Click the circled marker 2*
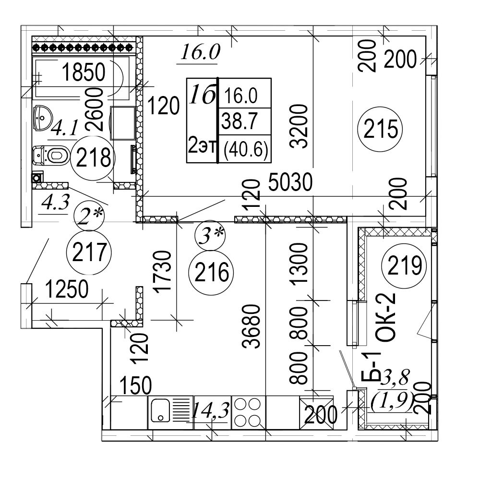89,216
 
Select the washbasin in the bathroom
45,116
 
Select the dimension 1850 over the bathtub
84,73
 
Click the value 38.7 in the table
239,123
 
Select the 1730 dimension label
163,271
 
